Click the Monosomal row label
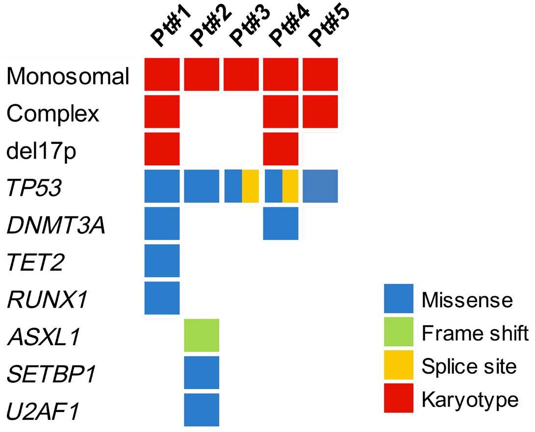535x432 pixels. point(68,75)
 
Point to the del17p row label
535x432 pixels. point(41,151)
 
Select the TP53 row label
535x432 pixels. point(34,188)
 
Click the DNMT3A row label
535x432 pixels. point(56,225)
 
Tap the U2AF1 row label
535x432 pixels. point(43,411)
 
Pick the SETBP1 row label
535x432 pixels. point(51,374)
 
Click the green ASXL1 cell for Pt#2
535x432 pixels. point(202,335)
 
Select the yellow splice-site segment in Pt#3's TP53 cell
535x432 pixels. point(251,186)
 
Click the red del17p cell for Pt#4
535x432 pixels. point(281,148)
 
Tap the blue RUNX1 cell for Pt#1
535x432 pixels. point(162,298)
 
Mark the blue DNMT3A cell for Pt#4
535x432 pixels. point(281,223)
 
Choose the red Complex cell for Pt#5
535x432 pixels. point(320,111)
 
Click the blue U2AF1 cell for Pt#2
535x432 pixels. point(202,410)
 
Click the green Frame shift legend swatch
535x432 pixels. point(399,332)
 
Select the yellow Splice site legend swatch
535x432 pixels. point(399,364)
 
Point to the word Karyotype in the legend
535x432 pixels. point(470,399)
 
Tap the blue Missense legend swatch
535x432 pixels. point(399,298)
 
